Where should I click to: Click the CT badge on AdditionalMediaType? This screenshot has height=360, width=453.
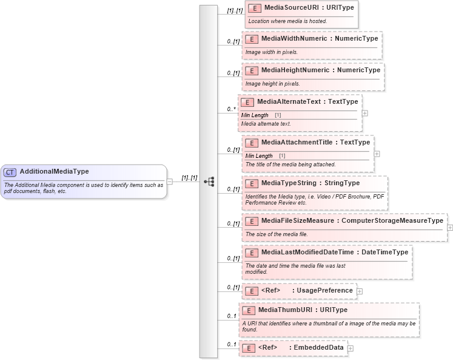10,172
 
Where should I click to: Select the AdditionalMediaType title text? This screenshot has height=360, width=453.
54,172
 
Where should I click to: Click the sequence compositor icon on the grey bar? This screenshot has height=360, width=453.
209,181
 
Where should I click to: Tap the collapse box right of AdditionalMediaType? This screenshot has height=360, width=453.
170,181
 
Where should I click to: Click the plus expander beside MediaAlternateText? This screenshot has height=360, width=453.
364,113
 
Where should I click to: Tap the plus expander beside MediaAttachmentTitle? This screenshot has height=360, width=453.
377,154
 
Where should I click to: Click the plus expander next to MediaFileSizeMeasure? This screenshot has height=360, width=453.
450,228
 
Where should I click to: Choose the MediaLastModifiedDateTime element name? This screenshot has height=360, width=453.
309,253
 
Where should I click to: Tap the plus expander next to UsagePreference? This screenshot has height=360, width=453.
360,291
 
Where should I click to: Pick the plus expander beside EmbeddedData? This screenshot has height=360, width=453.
350,348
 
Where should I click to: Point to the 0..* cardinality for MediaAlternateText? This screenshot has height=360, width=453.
231,109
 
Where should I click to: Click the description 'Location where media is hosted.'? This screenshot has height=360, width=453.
287,21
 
